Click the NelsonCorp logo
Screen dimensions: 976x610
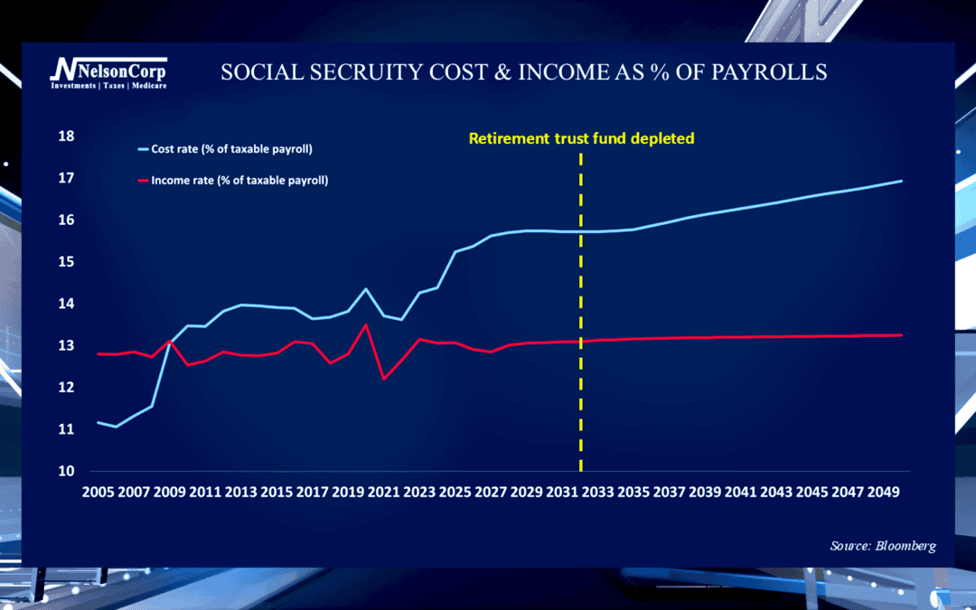(108, 72)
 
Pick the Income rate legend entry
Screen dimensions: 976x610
(231, 181)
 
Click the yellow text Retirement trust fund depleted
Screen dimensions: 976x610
(581, 138)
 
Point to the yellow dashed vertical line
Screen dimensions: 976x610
(581, 312)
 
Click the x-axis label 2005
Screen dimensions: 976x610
(99, 492)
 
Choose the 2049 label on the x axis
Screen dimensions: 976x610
(884, 492)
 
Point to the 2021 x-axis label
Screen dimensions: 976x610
(384, 492)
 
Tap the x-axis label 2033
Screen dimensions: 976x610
(598, 492)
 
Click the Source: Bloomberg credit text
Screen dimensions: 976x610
(883, 546)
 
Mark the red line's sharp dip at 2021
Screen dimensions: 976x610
(384, 379)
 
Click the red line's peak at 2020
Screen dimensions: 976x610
(366, 324)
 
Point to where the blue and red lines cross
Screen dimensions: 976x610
(169, 342)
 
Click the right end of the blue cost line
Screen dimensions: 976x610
(902, 181)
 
